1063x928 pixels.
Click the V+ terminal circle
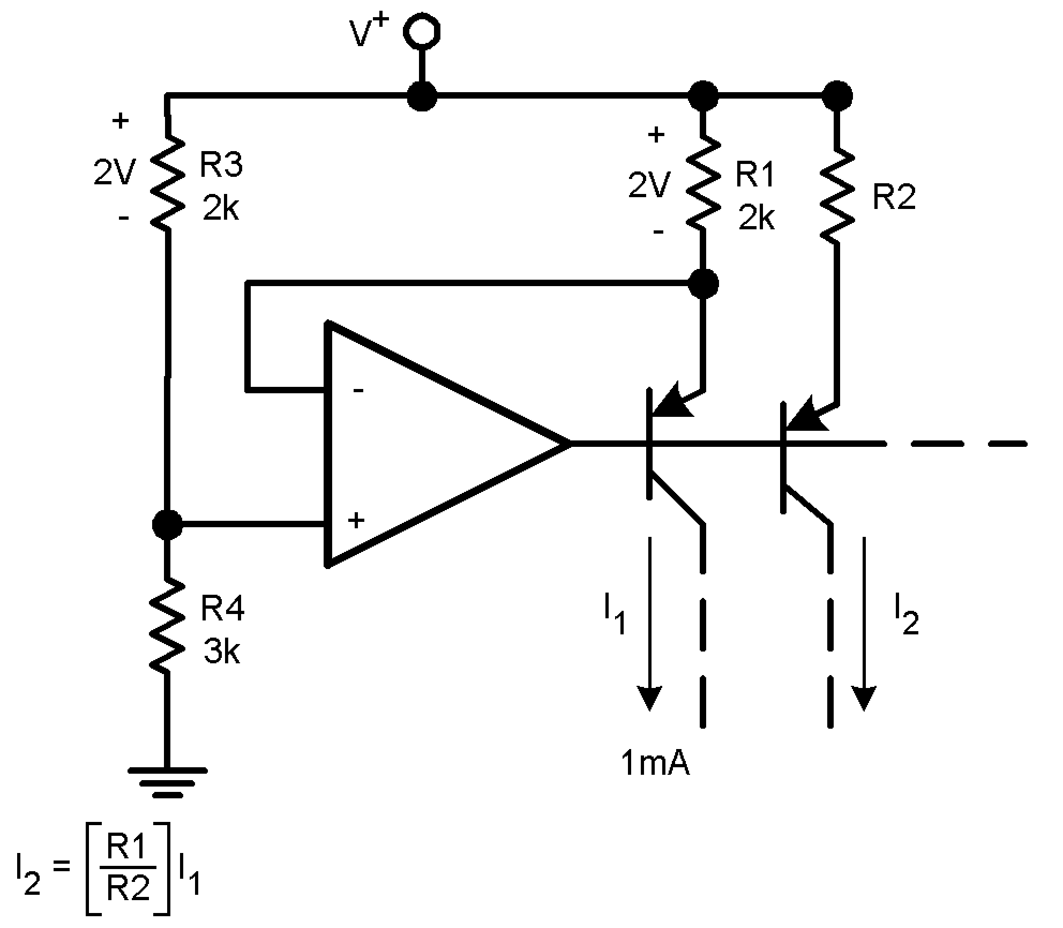422,31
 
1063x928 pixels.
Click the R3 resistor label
221,164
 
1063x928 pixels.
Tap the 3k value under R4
221,652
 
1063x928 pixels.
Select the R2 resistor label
894,197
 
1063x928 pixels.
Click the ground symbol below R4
167,783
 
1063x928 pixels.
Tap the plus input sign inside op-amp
356,520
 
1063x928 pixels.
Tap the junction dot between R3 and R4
167,523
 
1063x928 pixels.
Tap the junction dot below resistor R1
702,283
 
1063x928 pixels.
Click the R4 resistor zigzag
167,624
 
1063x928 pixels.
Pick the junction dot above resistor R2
837,96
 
